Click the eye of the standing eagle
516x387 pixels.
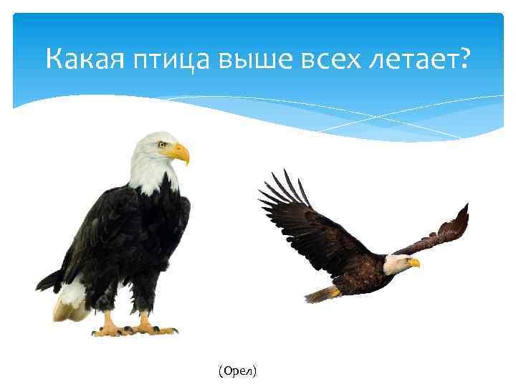point(163,144)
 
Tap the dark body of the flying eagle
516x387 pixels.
point(362,276)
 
